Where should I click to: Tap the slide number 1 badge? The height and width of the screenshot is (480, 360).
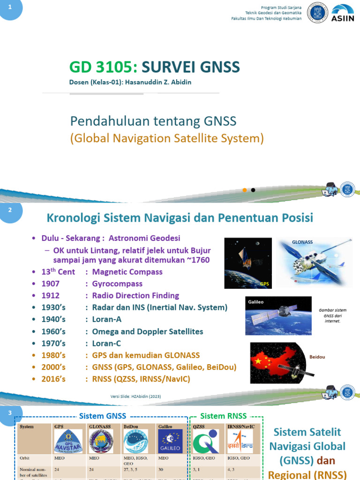tap(10, 9)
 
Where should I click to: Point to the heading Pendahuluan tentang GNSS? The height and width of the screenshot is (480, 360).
tap(153, 121)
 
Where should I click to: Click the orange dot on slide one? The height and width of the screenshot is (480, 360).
tap(244, 190)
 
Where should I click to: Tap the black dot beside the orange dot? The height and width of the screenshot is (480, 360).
tap(253, 190)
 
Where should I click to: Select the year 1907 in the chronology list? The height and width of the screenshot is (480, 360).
tap(50, 284)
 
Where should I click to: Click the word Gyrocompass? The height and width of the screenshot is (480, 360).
tap(117, 284)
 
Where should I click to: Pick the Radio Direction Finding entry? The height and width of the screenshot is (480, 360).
tap(135, 295)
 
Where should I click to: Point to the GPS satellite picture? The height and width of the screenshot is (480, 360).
tap(248, 262)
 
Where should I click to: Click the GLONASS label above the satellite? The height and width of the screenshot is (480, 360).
tap(302, 242)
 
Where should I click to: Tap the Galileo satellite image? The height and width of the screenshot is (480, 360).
tap(278, 315)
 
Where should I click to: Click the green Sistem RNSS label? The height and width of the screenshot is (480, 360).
tap(223, 416)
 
